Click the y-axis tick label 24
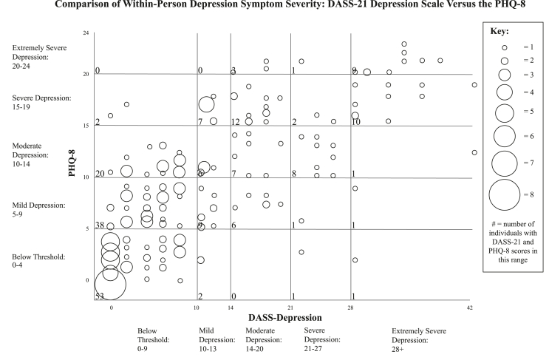86,34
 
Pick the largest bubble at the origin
111,283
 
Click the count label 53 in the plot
99,296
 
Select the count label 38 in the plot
100,225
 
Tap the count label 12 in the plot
236,121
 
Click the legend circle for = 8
506,195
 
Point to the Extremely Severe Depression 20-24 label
41,56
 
